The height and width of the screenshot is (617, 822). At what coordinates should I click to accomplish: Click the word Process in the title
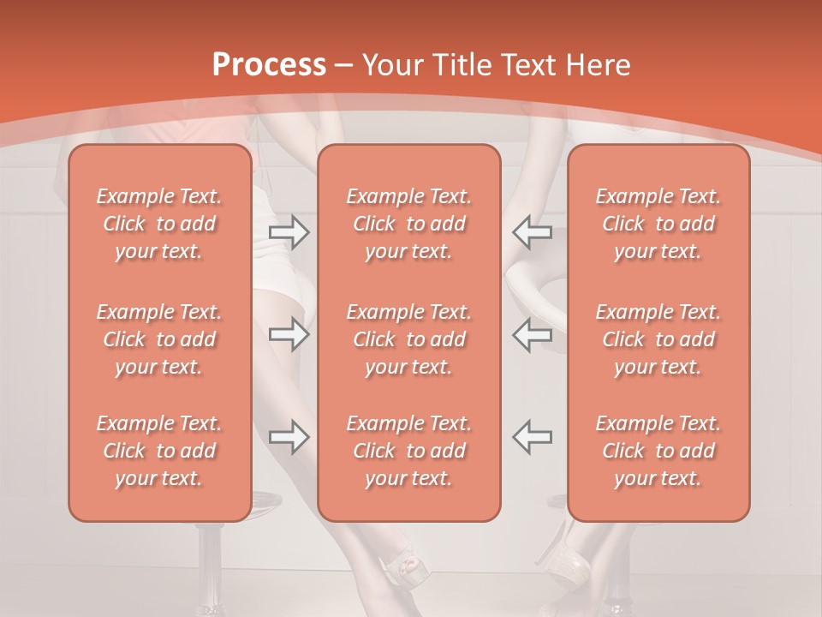(269, 65)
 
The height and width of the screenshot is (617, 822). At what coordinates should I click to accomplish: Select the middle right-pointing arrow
(289, 334)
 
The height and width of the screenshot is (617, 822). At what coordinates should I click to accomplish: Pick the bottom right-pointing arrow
(289, 437)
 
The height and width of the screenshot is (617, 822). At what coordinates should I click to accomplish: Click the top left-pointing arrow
(532, 231)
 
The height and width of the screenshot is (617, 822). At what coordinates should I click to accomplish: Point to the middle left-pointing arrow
(532, 334)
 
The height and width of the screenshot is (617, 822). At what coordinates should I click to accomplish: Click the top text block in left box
(159, 224)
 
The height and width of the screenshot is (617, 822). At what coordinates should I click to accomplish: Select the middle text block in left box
(159, 339)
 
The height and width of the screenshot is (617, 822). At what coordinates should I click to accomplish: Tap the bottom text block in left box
(159, 451)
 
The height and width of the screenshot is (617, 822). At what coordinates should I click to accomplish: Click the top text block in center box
(408, 224)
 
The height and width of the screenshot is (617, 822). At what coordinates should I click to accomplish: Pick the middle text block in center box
(408, 339)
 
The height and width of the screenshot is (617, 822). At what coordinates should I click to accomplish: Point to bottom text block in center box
(408, 451)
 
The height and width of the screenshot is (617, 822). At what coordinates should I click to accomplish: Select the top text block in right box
(658, 224)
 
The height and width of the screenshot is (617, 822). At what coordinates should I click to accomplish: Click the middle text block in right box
(658, 339)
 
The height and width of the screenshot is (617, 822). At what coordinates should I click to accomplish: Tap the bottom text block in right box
(658, 451)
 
